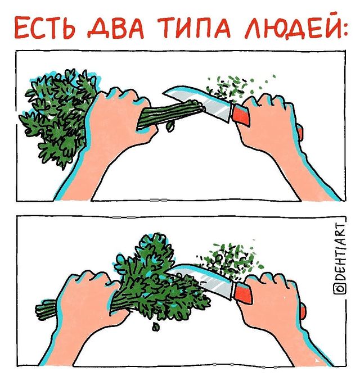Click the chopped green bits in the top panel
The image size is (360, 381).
coord(236,87)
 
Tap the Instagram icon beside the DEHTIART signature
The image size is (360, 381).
coord(339,288)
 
